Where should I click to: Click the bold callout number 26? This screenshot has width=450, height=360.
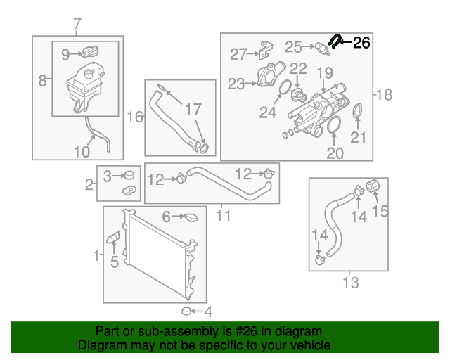coord(361,44)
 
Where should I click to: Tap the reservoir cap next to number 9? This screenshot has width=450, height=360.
coord(89,53)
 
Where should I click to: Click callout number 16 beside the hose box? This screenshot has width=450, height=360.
coord(134,116)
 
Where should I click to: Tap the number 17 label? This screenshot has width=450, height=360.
coord(193,110)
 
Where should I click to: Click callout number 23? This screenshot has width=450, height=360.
coord(235,84)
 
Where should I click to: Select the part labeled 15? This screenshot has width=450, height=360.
coord(374,187)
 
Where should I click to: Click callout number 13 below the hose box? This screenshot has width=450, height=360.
coord(349,283)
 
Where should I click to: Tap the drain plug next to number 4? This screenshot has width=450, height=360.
coord(186,310)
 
